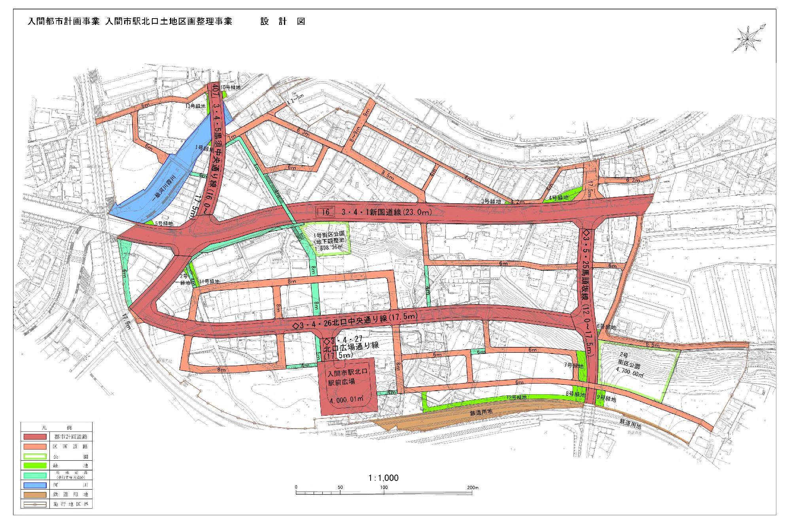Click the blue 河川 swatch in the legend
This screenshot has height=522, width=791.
pyautogui.click(x=35, y=485)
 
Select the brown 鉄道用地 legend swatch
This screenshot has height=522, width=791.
pyautogui.click(x=35, y=494)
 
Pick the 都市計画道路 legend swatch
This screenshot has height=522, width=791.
pyautogui.click(x=35, y=437)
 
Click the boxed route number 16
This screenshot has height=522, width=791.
pyautogui.click(x=325, y=212)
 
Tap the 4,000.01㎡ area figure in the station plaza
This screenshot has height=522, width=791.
pyautogui.click(x=347, y=399)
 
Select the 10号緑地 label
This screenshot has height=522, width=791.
pyautogui.click(x=230, y=87)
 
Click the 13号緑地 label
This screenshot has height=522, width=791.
pyautogui.click(x=195, y=106)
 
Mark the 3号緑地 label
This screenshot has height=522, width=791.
pyautogui.click(x=491, y=201)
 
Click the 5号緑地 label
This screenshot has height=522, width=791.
pyautogui.click(x=164, y=223)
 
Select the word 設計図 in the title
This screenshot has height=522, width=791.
pyautogui.click(x=282, y=21)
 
